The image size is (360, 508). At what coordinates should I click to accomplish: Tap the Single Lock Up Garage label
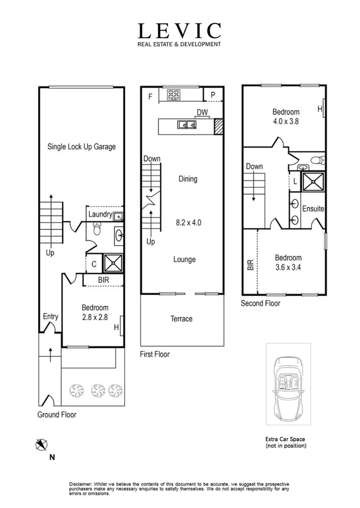(x=81, y=146)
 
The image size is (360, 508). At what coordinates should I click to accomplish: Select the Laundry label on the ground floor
(x=100, y=214)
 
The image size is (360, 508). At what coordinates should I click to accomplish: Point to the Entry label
(x=51, y=317)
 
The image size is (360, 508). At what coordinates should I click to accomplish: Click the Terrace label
(x=182, y=318)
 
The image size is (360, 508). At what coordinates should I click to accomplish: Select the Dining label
(x=187, y=179)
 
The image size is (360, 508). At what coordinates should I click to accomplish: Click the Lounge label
(x=184, y=259)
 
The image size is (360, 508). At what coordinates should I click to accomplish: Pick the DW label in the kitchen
(x=202, y=112)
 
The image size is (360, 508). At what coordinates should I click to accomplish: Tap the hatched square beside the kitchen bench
(x=217, y=126)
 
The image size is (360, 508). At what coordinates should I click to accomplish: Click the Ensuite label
(x=313, y=209)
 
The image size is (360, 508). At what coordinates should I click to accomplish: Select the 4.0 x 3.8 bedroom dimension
(x=285, y=121)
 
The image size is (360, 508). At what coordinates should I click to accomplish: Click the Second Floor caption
(x=260, y=304)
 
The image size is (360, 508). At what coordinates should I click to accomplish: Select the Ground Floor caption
(x=56, y=415)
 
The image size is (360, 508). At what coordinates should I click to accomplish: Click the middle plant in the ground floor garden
(x=96, y=390)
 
